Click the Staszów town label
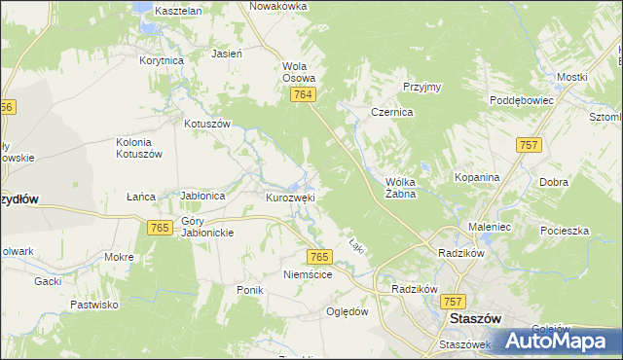[x=473, y=318]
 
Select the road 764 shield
[x=303, y=93]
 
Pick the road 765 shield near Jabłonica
[x=161, y=227]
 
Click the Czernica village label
[x=392, y=113]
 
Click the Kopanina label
[x=477, y=178]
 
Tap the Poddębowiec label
[x=522, y=100]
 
